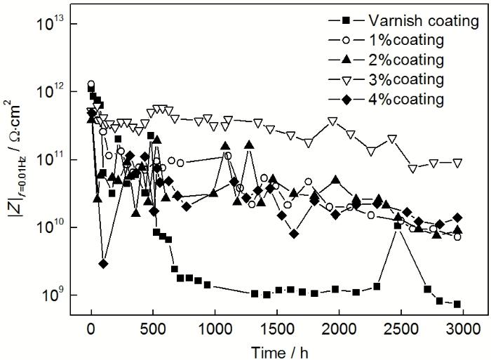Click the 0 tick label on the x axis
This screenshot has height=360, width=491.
(x=91, y=330)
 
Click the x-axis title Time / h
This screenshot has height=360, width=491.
(x=276, y=349)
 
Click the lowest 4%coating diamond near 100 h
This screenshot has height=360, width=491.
(x=103, y=264)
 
